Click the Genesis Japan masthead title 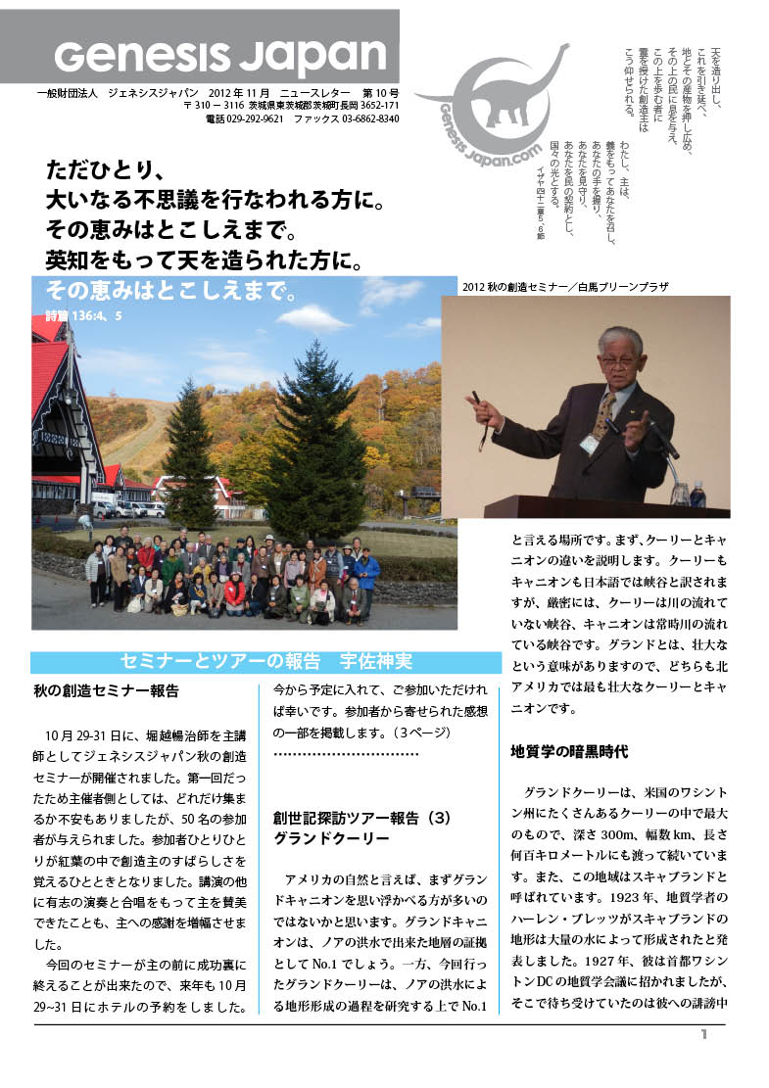click(x=220, y=55)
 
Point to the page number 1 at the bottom click(x=703, y=1035)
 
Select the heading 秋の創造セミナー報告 click(x=106, y=691)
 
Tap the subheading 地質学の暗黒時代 click(x=569, y=752)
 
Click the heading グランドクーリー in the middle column click(x=331, y=839)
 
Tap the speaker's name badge click(x=590, y=443)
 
